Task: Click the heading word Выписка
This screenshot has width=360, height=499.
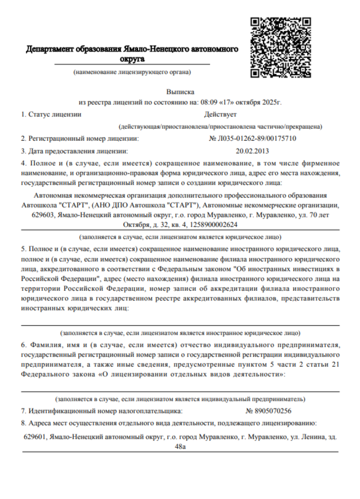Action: coord(181,91)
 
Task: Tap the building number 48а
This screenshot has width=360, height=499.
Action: coord(181,447)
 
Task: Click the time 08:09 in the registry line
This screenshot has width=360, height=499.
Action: coord(209,102)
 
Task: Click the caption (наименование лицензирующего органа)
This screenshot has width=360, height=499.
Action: coord(132,72)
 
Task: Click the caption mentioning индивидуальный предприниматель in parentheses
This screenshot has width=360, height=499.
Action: coord(180,398)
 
